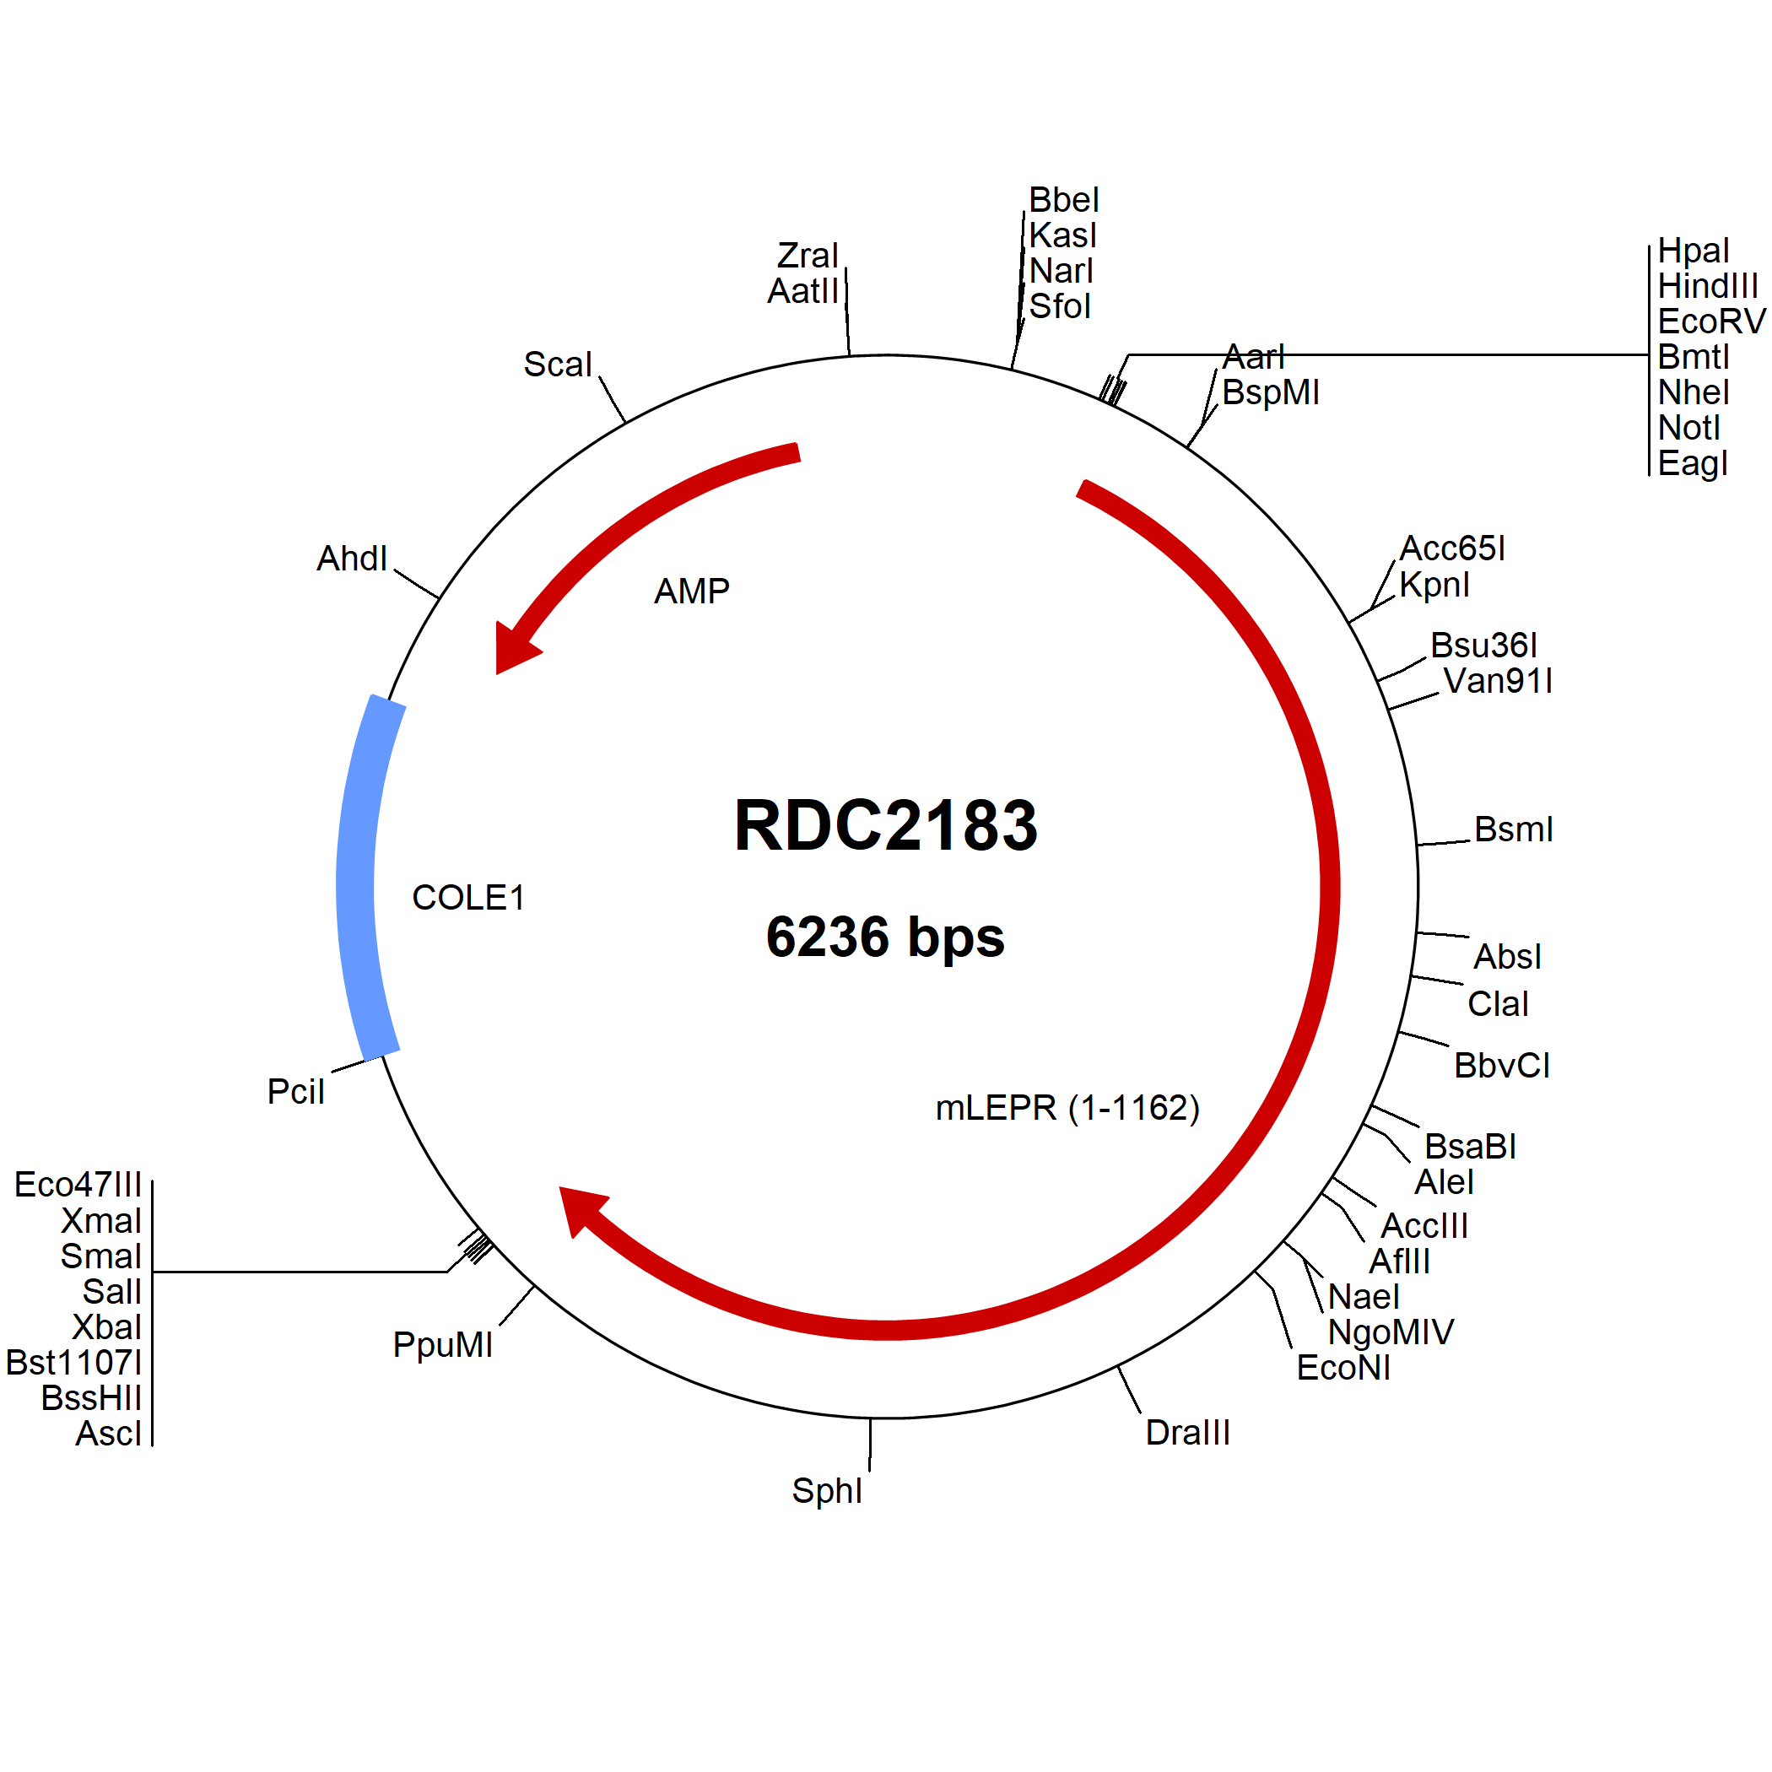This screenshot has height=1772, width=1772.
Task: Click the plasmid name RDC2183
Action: [x=886, y=825]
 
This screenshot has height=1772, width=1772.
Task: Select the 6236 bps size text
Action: [x=885, y=937]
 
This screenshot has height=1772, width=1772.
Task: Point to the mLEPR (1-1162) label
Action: [x=1067, y=1108]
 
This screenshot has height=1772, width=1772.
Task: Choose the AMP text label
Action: [x=692, y=592]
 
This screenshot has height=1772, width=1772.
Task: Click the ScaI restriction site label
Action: [x=558, y=365]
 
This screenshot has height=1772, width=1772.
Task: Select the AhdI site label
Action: [x=352, y=559]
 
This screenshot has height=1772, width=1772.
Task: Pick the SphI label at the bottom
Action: [x=826, y=1491]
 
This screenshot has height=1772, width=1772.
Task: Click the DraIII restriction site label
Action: [x=1188, y=1433]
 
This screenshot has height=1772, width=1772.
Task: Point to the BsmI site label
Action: [x=1513, y=829]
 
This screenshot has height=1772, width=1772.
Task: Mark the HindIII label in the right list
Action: [x=1708, y=286]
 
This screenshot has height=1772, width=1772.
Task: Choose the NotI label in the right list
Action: [x=1688, y=428]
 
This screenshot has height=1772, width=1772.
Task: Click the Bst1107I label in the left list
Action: [x=74, y=1363]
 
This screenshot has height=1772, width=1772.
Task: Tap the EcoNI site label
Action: [x=1343, y=1369]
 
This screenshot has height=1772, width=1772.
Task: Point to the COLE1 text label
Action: [x=467, y=898]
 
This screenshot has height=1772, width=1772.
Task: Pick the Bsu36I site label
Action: [x=1484, y=646]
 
